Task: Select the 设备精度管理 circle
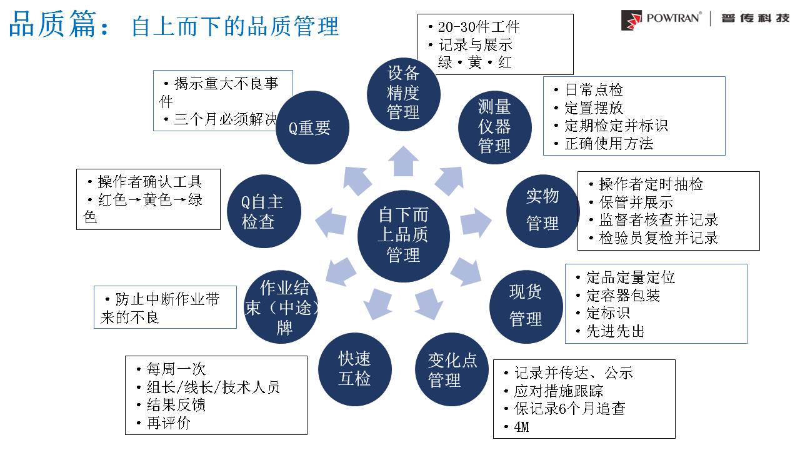[403, 94]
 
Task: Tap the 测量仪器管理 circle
[495, 126]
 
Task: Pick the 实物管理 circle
[542, 210]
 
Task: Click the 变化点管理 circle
[452, 369]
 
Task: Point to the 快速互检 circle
[354, 368]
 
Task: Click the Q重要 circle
[312, 129]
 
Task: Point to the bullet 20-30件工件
[478, 27]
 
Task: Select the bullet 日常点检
[594, 90]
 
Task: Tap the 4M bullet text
[521, 427]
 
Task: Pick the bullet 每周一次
[176, 369]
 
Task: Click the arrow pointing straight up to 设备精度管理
[403, 162]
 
